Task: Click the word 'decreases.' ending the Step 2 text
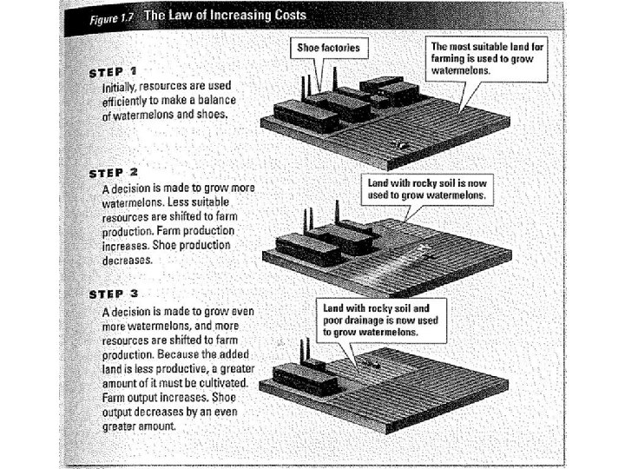[127, 259]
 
